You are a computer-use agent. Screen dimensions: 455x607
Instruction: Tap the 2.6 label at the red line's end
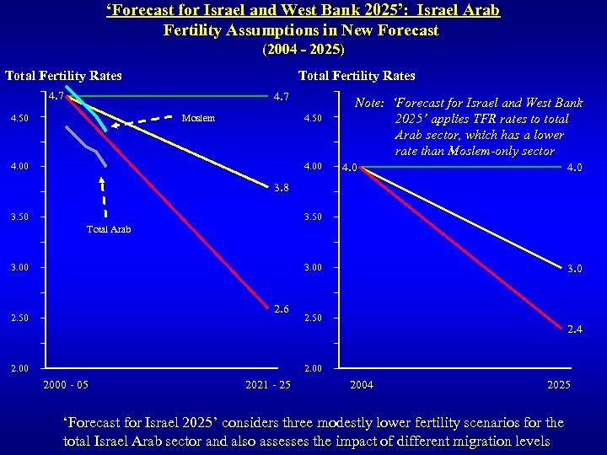pyautogui.click(x=282, y=309)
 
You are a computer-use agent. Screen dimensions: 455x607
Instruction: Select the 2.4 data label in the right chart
pyautogui.click(x=573, y=329)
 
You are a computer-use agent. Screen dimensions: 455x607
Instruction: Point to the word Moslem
pyautogui.click(x=198, y=118)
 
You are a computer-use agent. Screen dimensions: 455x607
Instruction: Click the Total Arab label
pyautogui.click(x=109, y=229)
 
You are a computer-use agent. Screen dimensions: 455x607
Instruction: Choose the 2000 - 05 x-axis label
pyautogui.click(x=65, y=385)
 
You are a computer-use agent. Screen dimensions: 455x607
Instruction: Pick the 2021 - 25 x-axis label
pyautogui.click(x=268, y=385)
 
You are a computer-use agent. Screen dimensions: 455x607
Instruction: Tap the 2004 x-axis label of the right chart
pyautogui.click(x=362, y=385)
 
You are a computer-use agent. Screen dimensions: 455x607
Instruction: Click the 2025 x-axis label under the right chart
pyautogui.click(x=558, y=385)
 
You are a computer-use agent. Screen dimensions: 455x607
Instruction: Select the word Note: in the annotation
pyautogui.click(x=370, y=103)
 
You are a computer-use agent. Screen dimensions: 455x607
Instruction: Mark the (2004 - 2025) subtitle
pyautogui.click(x=303, y=49)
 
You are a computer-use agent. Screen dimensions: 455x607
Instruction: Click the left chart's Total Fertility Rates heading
pyautogui.click(x=63, y=76)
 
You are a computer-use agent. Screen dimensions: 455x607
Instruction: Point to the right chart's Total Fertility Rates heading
pyautogui.click(x=357, y=76)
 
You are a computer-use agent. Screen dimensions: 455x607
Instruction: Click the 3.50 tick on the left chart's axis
pyautogui.click(x=19, y=217)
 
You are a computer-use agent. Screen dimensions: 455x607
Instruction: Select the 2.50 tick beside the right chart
pyautogui.click(x=313, y=318)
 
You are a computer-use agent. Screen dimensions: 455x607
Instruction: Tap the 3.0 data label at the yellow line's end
pyautogui.click(x=573, y=269)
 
